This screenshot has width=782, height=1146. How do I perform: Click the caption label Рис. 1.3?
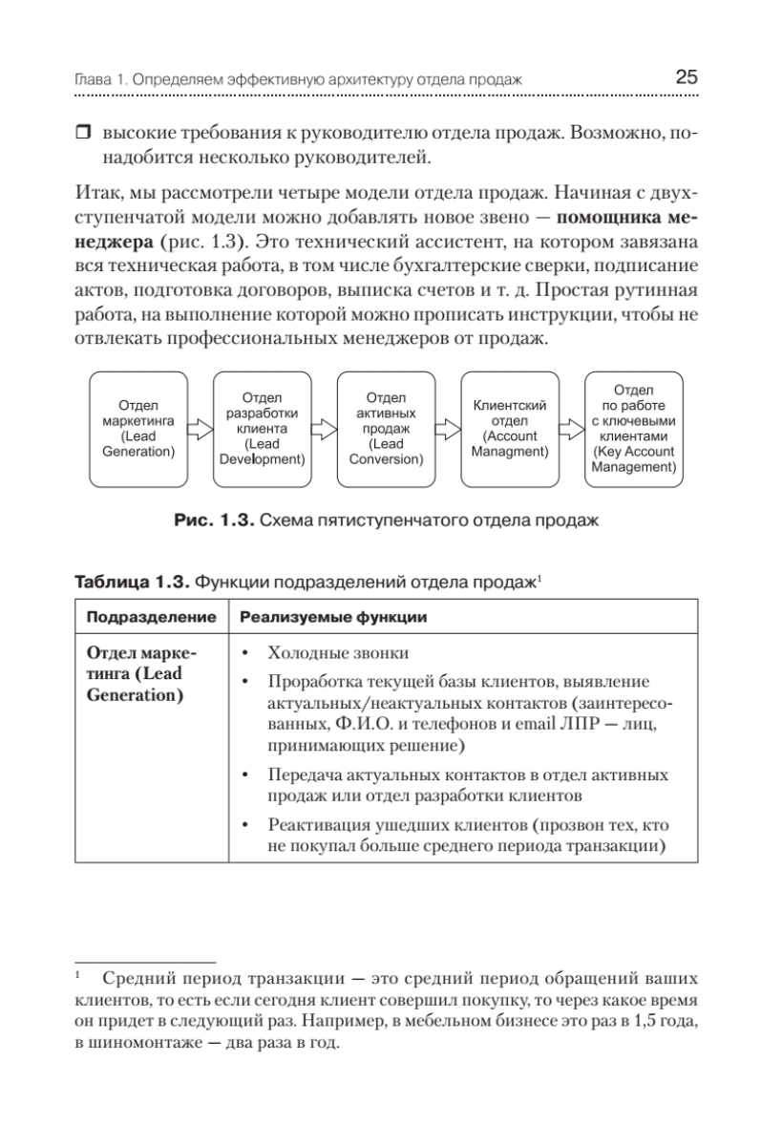coord(214,521)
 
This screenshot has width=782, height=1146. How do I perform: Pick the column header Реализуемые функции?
coord(333,617)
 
